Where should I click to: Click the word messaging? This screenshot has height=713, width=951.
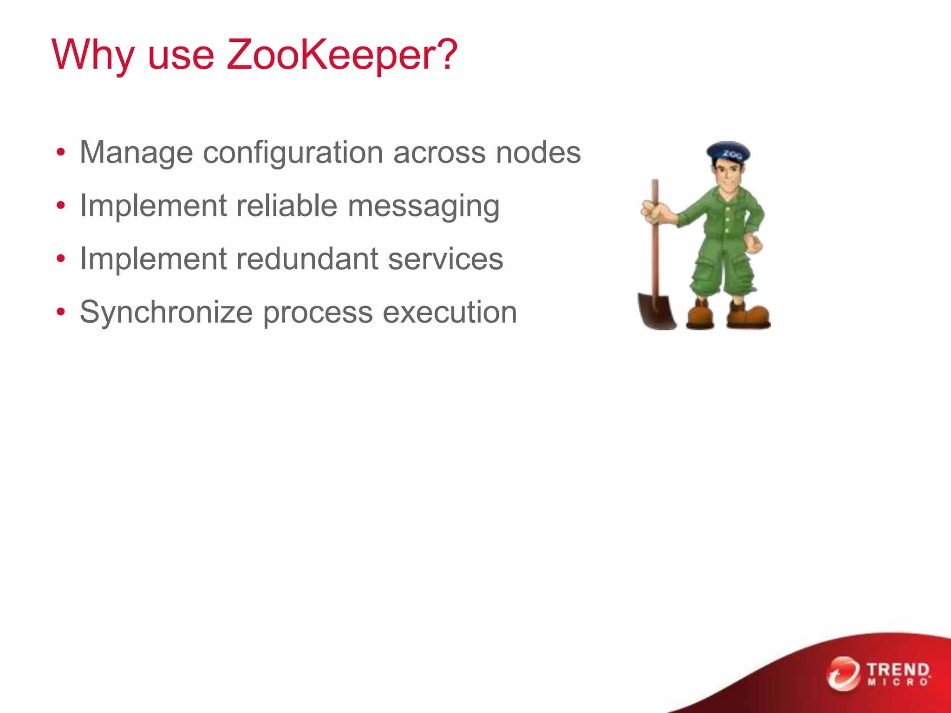click(423, 206)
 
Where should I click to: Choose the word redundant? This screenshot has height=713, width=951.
click(306, 259)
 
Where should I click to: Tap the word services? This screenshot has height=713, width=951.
click(445, 259)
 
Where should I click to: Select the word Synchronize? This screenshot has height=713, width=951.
click(166, 312)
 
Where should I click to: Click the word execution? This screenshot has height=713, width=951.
click(449, 312)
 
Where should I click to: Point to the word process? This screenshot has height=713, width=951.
click(318, 313)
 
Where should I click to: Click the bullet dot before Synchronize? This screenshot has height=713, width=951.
click(61, 312)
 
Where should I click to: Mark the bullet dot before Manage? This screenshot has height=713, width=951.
click(61, 152)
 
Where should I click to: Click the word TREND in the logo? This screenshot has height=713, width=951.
click(898, 670)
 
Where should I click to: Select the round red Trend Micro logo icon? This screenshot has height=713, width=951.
click(843, 674)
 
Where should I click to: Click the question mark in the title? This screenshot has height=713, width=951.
click(448, 55)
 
